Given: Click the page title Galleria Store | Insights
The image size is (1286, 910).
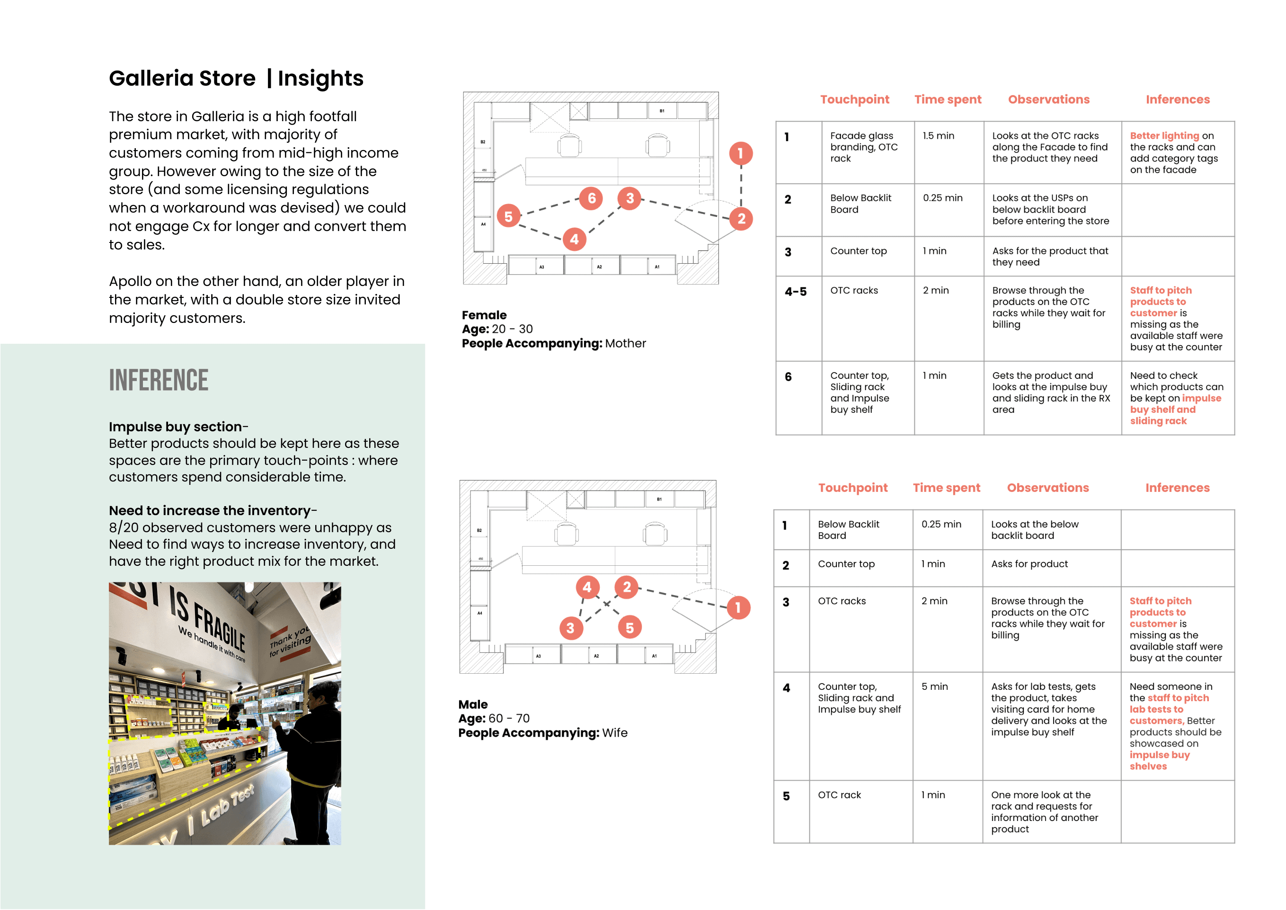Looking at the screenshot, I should pyautogui.click(x=236, y=79).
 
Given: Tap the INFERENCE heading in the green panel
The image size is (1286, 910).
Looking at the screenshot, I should pyautogui.click(x=159, y=381).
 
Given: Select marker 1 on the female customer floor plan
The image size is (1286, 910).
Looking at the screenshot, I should pyautogui.click(x=740, y=153).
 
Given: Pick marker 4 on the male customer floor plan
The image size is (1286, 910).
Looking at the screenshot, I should pyautogui.click(x=587, y=587).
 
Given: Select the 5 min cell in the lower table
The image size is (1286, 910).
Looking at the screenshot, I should pyautogui.click(x=934, y=687).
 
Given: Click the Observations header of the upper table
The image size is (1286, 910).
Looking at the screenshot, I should pyautogui.click(x=1048, y=100).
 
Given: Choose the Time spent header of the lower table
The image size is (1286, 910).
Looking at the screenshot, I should pyautogui.click(x=946, y=488).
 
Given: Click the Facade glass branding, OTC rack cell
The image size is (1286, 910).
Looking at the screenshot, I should pyautogui.click(x=864, y=147).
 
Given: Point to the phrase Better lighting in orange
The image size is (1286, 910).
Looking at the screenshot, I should pyautogui.click(x=1164, y=135).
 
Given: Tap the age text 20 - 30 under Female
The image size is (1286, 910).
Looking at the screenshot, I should pyautogui.click(x=512, y=329).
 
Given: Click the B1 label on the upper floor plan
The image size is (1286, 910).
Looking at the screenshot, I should pyautogui.click(x=662, y=111).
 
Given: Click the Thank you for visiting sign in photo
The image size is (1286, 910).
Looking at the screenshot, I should pyautogui.click(x=290, y=642).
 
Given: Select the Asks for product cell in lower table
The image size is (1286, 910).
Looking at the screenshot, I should pyautogui.click(x=1029, y=564).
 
